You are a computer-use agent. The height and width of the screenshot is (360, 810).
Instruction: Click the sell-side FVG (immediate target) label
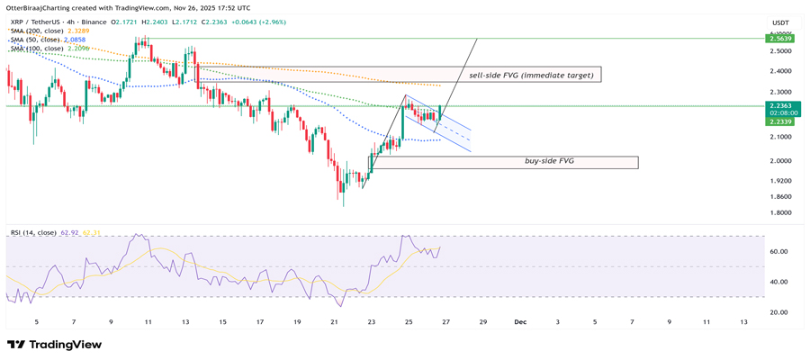tap(530, 76)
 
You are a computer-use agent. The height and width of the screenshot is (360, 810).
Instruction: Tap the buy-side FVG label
tap(549, 161)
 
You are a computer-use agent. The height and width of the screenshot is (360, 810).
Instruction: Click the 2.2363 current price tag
tap(778, 105)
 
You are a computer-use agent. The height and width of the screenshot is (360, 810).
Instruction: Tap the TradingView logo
tap(53, 345)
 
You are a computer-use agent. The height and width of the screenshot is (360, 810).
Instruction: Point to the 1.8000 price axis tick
tap(778, 213)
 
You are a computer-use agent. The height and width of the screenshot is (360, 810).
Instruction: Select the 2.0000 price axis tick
tap(778, 161)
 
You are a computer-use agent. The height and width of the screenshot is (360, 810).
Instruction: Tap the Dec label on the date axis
tap(519, 321)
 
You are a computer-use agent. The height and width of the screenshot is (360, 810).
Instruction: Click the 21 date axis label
tap(335, 321)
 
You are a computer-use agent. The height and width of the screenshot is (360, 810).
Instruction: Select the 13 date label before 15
tap(184, 321)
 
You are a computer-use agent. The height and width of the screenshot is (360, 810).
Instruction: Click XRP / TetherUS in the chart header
tap(34, 21)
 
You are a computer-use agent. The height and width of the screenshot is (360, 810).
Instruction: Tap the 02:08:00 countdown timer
tap(778, 113)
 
